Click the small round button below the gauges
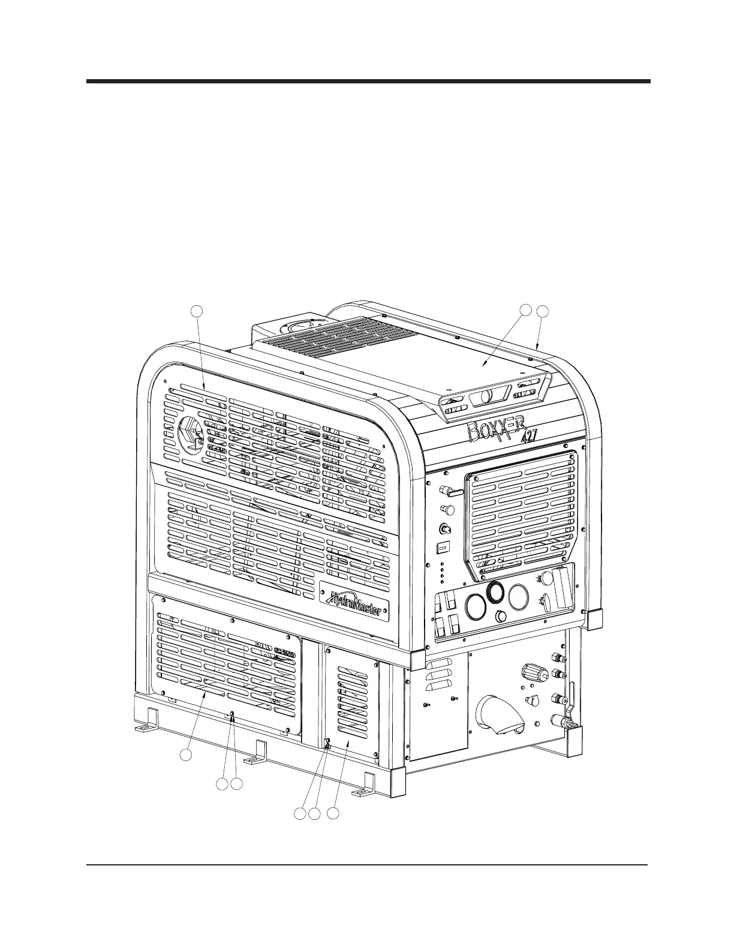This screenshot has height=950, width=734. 501,617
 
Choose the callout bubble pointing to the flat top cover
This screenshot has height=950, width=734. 525,310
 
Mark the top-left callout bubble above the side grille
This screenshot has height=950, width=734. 197,311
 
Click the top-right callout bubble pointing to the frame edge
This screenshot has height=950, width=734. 542,311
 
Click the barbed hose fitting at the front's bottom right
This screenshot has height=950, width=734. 570,723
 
